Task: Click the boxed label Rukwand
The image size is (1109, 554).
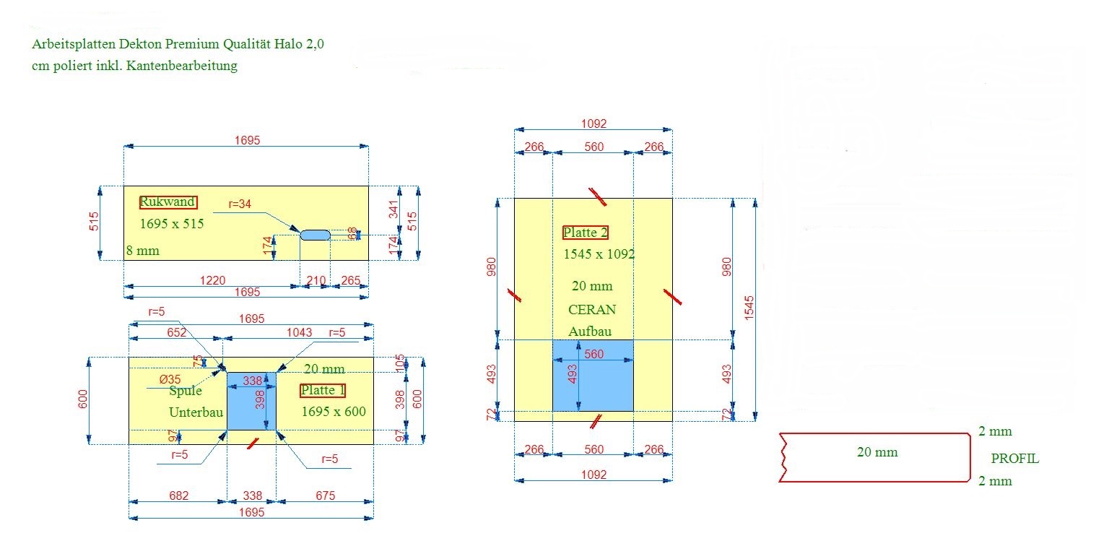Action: point(168,202)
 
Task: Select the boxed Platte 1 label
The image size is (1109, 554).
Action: point(323,391)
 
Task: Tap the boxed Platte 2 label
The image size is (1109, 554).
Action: point(586,233)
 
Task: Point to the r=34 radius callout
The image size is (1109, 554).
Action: point(239,204)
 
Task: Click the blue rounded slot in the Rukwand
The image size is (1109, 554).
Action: point(315,235)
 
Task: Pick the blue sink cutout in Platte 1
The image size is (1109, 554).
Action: point(251,401)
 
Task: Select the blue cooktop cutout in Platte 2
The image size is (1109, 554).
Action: point(593,375)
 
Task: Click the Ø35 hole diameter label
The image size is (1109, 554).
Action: point(169,378)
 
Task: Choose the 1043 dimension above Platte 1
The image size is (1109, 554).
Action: point(299,332)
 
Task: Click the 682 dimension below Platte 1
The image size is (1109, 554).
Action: point(178,495)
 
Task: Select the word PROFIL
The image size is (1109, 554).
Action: point(1015,458)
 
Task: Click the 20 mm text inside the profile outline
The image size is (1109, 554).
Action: point(877,452)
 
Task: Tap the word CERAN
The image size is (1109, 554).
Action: point(592,309)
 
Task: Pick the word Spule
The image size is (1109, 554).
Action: point(186,391)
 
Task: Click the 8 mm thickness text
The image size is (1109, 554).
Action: point(142,251)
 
